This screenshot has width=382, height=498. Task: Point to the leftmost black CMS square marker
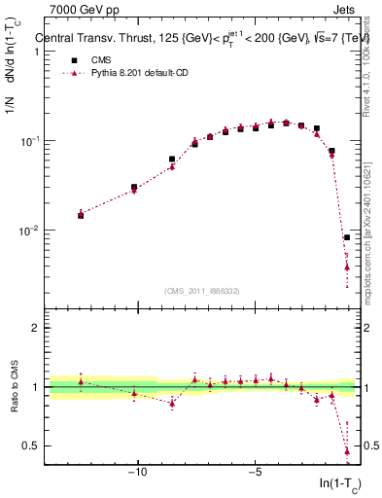(81, 215)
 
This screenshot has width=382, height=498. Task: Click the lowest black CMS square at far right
(347, 237)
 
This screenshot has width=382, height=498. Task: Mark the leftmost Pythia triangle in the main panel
(81, 214)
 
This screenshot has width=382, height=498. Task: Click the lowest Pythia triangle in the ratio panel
(347, 450)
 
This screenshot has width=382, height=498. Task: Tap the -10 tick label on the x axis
(138, 474)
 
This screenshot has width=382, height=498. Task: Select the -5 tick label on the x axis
(255, 474)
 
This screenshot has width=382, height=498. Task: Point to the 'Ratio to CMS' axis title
(15, 387)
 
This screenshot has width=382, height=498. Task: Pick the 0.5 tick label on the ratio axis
(32, 445)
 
